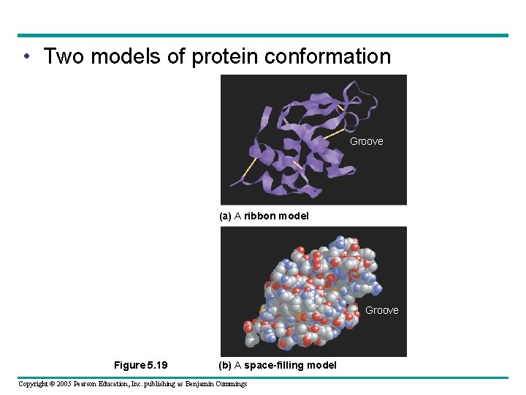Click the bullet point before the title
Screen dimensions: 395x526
click(x=26, y=57)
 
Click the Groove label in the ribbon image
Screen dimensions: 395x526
click(x=366, y=141)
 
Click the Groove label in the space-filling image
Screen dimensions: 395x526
click(x=381, y=310)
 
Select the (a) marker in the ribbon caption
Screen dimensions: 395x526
click(x=225, y=216)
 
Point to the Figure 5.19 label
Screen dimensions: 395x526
click(x=141, y=365)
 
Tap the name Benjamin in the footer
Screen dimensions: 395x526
click(x=205, y=384)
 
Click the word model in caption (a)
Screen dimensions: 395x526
click(x=294, y=216)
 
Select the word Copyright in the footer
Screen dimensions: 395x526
click(x=33, y=384)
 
